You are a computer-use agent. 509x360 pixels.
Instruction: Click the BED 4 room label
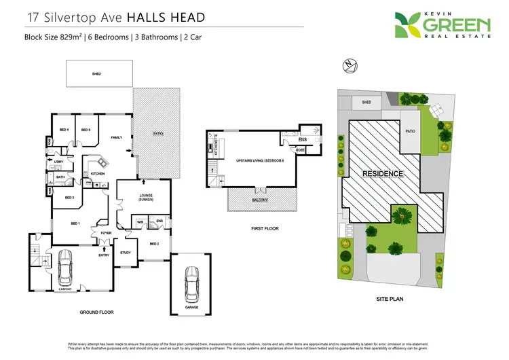pyautogui.click(x=63, y=130)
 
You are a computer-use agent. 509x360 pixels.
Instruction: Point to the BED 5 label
pyautogui.click(x=86, y=130)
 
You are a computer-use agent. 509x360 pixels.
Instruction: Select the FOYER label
pyautogui.click(x=106, y=233)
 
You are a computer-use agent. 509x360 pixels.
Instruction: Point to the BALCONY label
pyautogui.click(x=261, y=200)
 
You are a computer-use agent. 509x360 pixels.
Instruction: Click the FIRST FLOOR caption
pyautogui.click(x=261, y=228)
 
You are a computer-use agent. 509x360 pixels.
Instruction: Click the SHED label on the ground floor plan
pyautogui.click(x=96, y=73)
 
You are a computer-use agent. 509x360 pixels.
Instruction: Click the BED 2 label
pyautogui.click(x=154, y=243)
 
